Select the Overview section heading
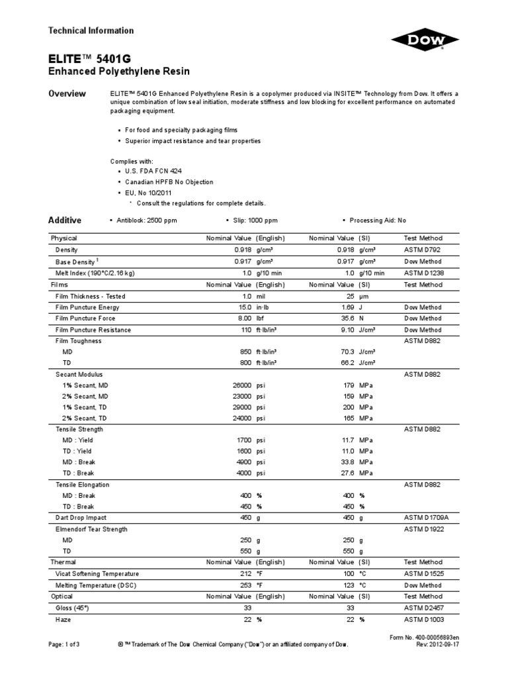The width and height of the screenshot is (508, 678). click(x=67, y=93)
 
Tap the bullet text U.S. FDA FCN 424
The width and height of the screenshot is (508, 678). click(x=149, y=171)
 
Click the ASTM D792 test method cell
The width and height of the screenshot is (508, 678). click(x=423, y=250)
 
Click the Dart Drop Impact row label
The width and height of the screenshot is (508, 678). click(x=81, y=518)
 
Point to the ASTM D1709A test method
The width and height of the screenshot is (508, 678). click(x=426, y=518)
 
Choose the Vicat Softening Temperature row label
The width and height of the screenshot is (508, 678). click(x=97, y=573)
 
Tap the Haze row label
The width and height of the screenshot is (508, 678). click(x=63, y=620)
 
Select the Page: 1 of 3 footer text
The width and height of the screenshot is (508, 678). click(x=65, y=644)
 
